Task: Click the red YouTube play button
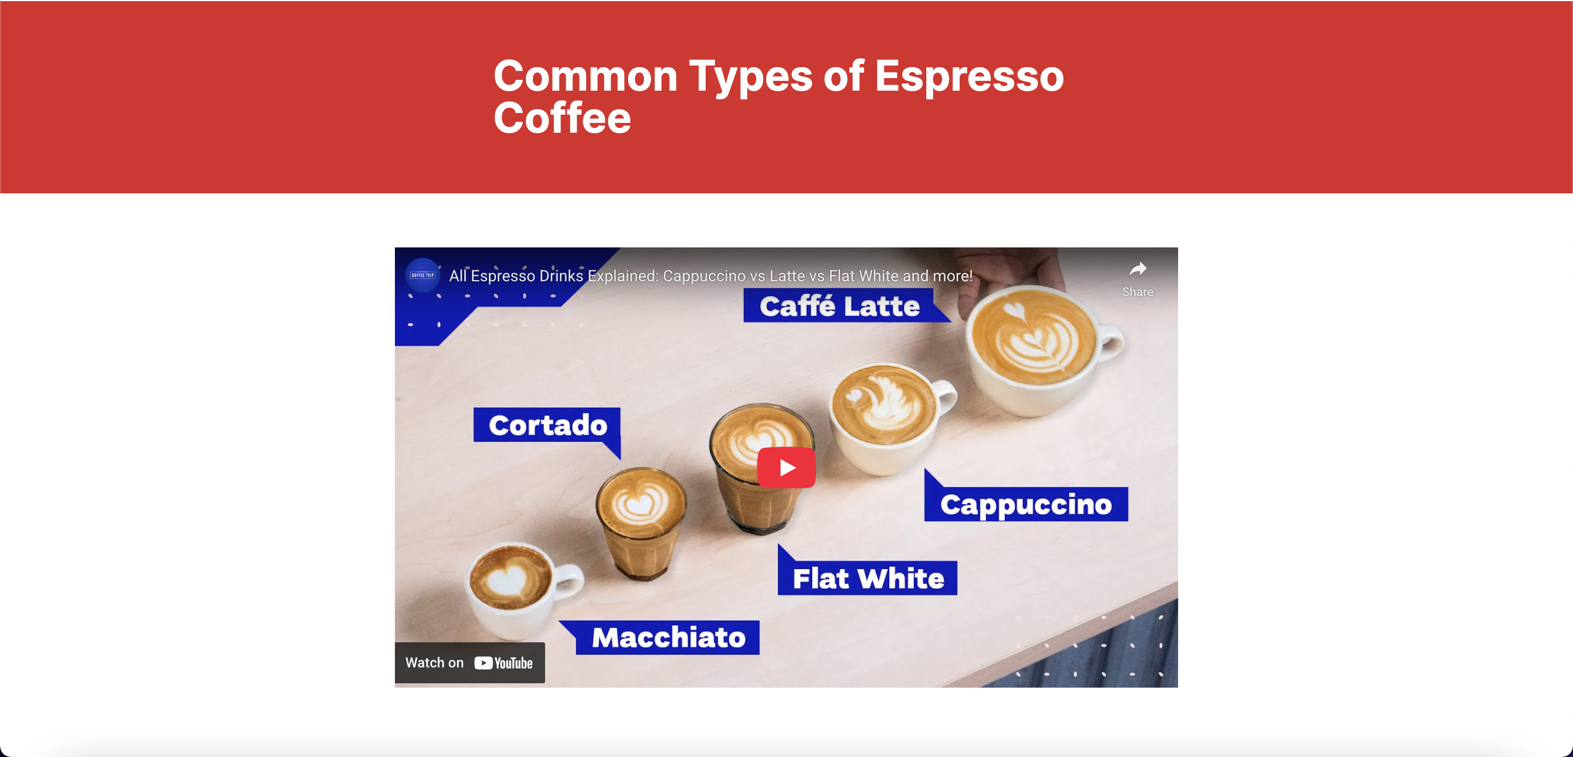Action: click(786, 468)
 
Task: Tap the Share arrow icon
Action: click(1138, 269)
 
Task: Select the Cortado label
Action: click(547, 425)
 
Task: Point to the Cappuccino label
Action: click(1026, 504)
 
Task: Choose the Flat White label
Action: click(868, 578)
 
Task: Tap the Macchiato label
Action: click(668, 637)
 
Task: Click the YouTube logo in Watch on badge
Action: click(503, 663)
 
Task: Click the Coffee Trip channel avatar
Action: click(423, 275)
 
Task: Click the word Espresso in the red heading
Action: click(969, 76)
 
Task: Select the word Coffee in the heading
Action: click(562, 118)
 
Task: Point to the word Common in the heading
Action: click(586, 76)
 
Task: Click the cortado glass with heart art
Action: click(641, 522)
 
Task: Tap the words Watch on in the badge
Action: click(435, 663)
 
